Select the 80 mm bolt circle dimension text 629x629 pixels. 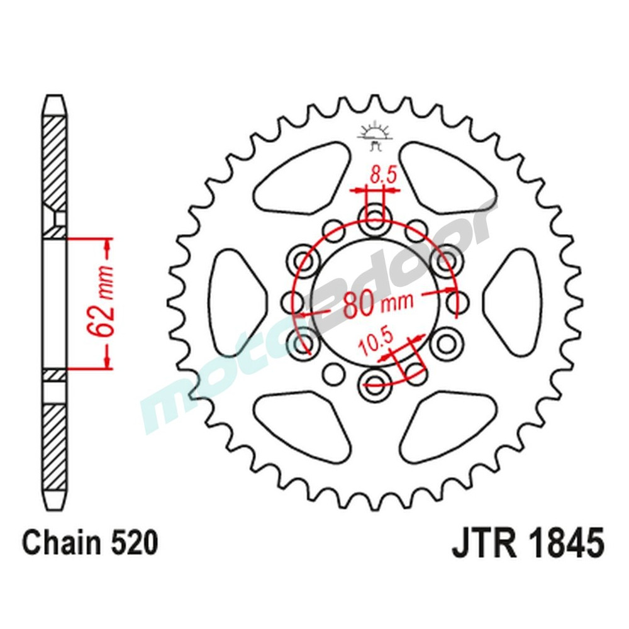[377, 303]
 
